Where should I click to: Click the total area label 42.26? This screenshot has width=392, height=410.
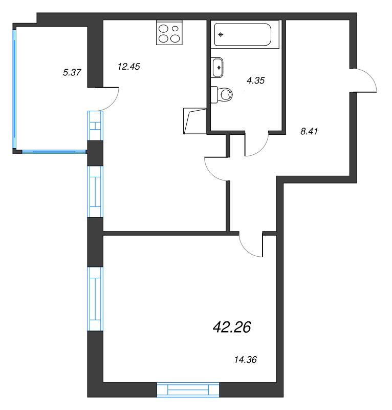pyautogui.click(x=232, y=327)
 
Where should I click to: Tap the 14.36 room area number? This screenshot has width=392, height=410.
pyautogui.click(x=246, y=360)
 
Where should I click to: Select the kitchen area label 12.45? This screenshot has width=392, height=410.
pyautogui.click(x=129, y=67)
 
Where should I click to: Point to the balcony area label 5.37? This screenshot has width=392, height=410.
pyautogui.click(x=72, y=72)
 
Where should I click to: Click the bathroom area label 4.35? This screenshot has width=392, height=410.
pyautogui.click(x=256, y=80)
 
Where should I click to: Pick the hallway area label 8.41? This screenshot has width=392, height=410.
pyautogui.click(x=309, y=131)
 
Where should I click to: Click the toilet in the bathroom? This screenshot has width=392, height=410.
pyautogui.click(x=222, y=95)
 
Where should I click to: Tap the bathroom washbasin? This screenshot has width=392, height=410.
pyautogui.click(x=217, y=68)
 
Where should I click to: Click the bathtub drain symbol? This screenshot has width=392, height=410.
pyautogui.click(x=221, y=34)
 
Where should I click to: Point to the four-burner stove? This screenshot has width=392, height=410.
pyautogui.click(x=169, y=33)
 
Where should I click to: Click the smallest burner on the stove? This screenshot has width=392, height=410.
pyautogui.click(x=175, y=28)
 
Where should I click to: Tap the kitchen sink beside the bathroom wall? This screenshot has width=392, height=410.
pyautogui.click(x=195, y=121)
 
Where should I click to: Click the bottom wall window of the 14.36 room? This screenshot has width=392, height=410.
pyautogui.click(x=188, y=390)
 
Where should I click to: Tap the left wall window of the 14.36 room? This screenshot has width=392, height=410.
pyautogui.click(x=95, y=299)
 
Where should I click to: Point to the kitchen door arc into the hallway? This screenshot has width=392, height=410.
pyautogui.click(x=211, y=174)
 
